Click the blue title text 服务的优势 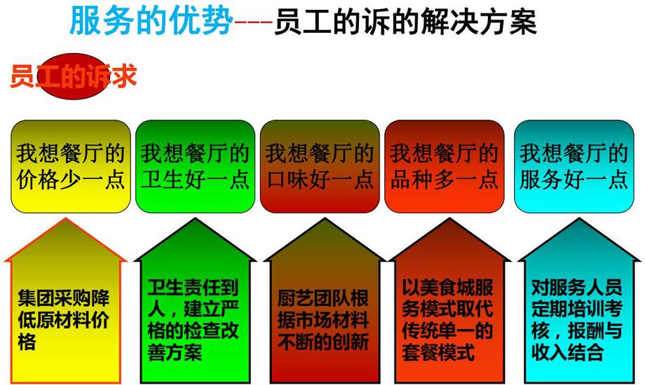coord(151,21)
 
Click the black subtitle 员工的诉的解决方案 coord(405,22)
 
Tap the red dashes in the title coord(253,22)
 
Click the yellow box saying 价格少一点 coord(71,167)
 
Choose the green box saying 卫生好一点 coord(195,167)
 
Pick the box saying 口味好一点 coord(320,167)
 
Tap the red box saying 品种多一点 coord(444,167)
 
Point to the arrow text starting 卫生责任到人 coord(193,319)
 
